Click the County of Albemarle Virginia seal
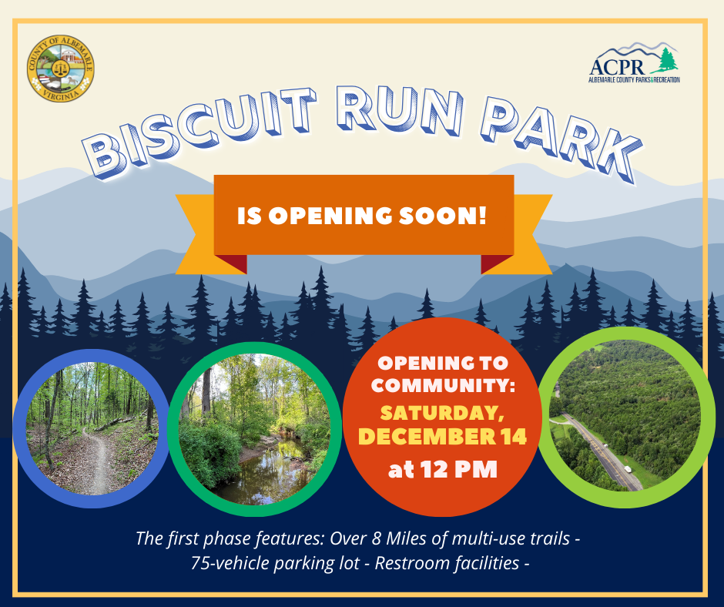tap(60, 71)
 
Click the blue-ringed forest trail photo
tap(91, 429)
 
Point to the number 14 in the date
tap(511, 437)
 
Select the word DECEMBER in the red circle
tap(424, 437)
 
